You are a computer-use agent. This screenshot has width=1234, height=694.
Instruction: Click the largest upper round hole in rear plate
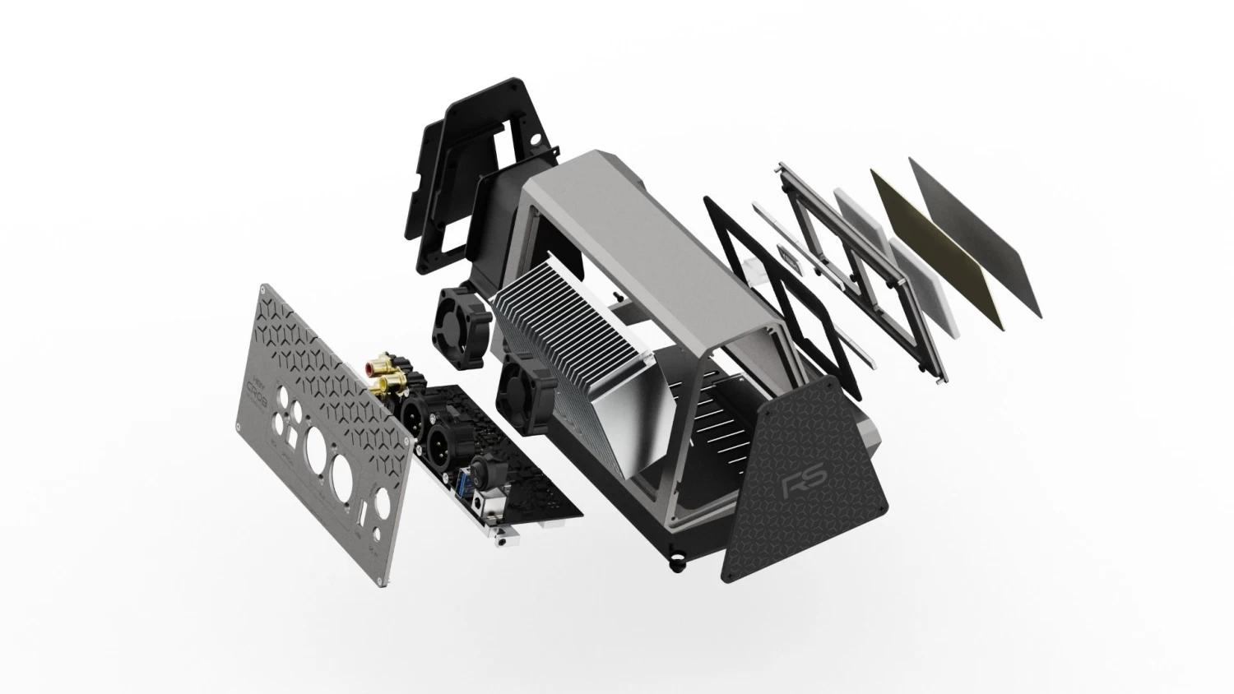pyautogui.click(x=317, y=453)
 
